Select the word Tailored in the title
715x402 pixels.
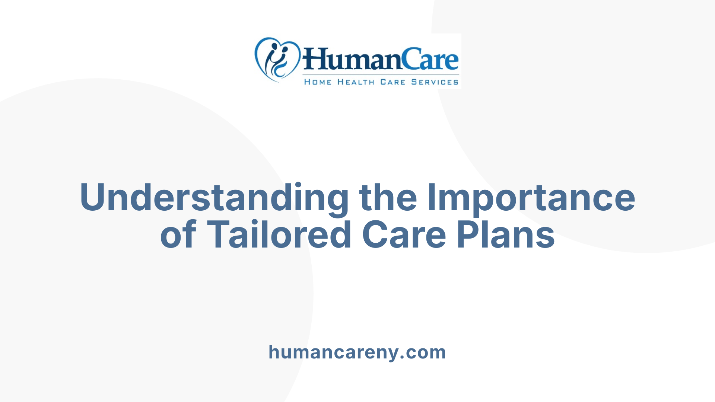(x=279, y=235)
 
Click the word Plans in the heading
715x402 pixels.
(x=506, y=235)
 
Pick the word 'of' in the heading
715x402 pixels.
(x=178, y=235)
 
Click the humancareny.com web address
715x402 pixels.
(x=357, y=352)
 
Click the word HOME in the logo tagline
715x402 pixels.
(x=318, y=82)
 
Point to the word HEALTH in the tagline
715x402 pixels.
(x=356, y=82)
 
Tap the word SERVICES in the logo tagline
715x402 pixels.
(x=435, y=82)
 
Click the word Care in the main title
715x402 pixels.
(x=404, y=235)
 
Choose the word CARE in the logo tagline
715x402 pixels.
(x=393, y=82)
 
